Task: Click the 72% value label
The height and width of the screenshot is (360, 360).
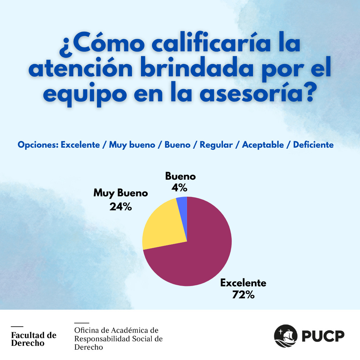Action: tap(243, 295)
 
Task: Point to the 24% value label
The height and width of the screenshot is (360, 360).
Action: tap(120, 207)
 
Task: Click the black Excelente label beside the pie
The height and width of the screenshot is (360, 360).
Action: tap(243, 283)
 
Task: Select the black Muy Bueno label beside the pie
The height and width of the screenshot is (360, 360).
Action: tap(120, 193)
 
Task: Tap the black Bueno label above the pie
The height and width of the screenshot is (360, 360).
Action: tap(180, 176)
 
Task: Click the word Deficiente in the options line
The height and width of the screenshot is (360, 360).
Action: tap(313, 145)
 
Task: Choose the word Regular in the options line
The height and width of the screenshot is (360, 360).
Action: tap(216, 145)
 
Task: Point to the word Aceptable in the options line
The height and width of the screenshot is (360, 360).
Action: tap(263, 145)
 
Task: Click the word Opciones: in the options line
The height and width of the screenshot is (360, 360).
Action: tap(38, 145)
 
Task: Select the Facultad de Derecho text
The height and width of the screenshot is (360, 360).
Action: tap(34, 339)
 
